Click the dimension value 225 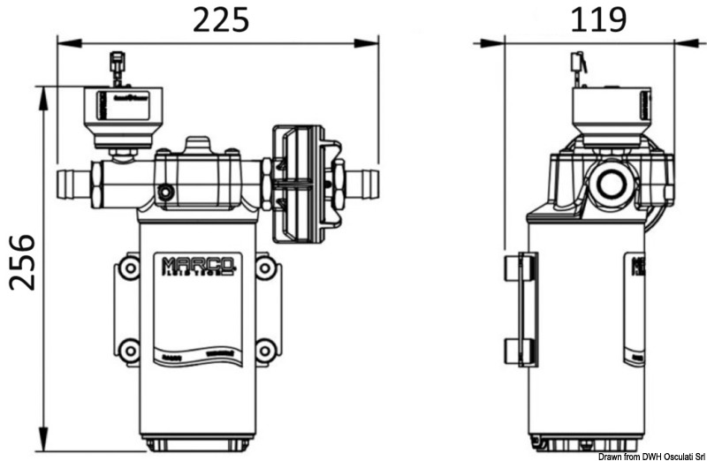[x=221, y=19]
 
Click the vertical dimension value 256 [x=22, y=261]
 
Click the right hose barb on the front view [x=362, y=184]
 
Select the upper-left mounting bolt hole [x=130, y=267]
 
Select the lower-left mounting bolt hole [x=130, y=351]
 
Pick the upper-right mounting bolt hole [x=264, y=267]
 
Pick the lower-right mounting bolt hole [x=264, y=351]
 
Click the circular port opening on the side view [x=610, y=184]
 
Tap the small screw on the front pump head [x=165, y=193]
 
